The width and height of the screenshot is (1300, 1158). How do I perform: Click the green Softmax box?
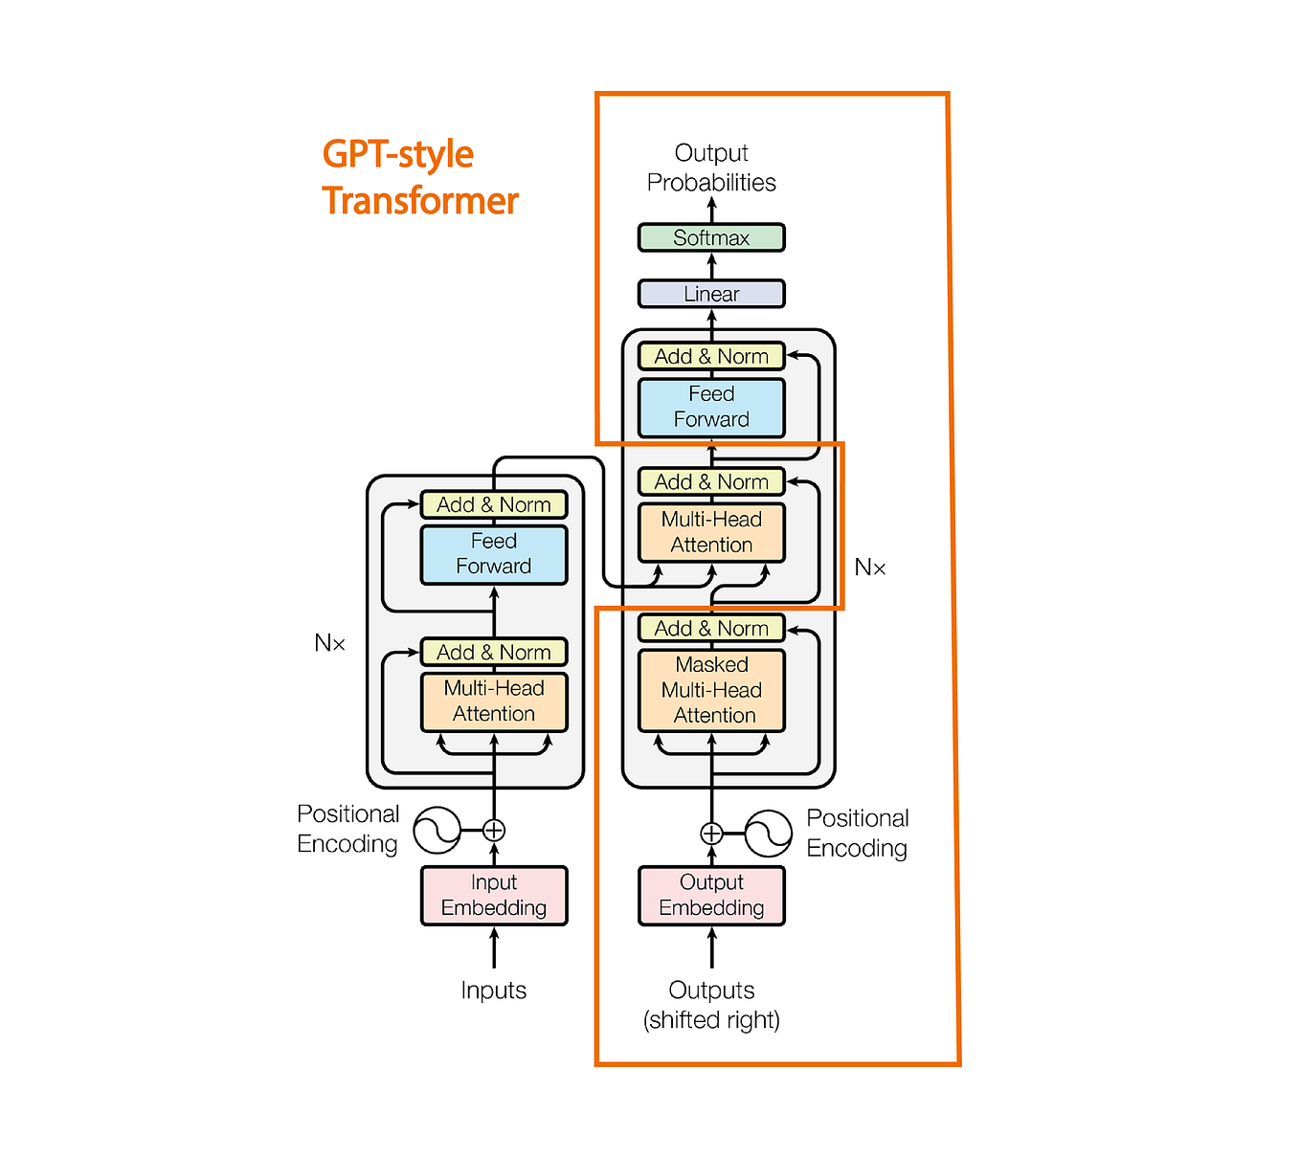coord(711,237)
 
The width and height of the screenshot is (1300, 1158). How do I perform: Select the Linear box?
coord(711,294)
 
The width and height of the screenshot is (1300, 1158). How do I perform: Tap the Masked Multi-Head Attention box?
coord(711,690)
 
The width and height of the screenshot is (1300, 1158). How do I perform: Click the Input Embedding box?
coord(494,895)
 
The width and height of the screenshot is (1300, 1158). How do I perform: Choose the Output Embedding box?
coord(711,895)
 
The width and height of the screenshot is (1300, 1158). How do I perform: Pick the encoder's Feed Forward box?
coord(494,554)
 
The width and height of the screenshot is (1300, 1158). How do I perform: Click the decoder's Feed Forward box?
coord(711,407)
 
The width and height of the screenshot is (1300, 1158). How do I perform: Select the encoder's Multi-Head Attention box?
coord(494,701)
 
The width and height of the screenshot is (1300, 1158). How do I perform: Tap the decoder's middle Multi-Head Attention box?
coord(711,532)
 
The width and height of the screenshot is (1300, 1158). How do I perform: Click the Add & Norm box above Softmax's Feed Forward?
coord(711,356)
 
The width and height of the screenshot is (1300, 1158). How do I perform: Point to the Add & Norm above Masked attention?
coord(711,628)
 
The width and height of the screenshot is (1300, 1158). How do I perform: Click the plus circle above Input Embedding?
coord(494,830)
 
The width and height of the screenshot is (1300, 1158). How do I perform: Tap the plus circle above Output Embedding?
coord(711,834)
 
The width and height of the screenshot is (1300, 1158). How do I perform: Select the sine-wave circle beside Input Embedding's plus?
coord(437,830)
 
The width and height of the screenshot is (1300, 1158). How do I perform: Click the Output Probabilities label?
coord(711,167)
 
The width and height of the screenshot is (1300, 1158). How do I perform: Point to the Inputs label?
coord(494,990)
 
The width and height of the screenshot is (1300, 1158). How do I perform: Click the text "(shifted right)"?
coord(711,1019)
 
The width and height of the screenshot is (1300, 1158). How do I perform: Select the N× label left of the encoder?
coord(329,643)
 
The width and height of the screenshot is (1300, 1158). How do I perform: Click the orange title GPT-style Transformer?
coord(419,177)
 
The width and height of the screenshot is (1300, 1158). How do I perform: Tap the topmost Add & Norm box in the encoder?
coord(494,504)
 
